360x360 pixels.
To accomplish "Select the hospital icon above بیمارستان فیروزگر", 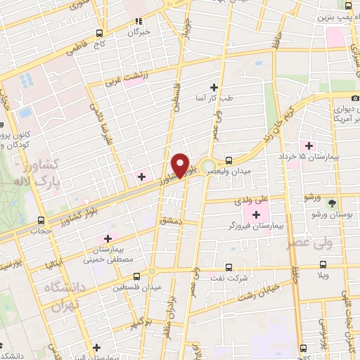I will tap(255, 213).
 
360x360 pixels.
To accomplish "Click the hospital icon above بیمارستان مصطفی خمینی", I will tap(108, 239).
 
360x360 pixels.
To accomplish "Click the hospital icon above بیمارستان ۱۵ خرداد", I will tap(308, 145).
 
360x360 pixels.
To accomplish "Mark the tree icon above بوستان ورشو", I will tap(332, 202).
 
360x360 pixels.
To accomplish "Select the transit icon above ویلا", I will tap(323, 265).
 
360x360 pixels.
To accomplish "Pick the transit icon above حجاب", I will tap(41, 219).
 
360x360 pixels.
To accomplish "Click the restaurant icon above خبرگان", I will tap(139, 21).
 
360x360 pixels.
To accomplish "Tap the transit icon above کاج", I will tap(100, 34).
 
